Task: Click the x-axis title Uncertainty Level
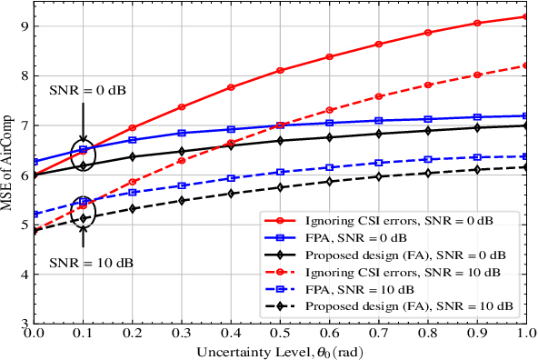click(x=280, y=351)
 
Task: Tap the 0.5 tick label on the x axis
click(x=280, y=335)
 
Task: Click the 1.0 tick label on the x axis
click(x=524, y=335)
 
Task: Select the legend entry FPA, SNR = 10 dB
click(x=356, y=288)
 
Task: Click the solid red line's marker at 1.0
click(x=525, y=16)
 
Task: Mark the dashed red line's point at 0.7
click(x=378, y=95)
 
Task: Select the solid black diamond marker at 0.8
click(x=427, y=130)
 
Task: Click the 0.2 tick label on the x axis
click(x=133, y=335)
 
